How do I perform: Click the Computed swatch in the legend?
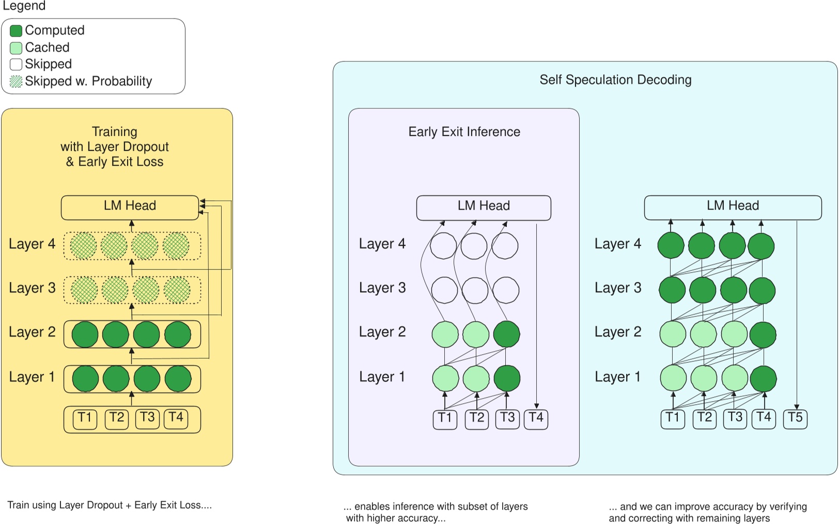pos(16,31)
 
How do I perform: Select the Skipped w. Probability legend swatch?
pos(16,82)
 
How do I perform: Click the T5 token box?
pos(795,418)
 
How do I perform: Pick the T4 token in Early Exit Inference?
pos(536,418)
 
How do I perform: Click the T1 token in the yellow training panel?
pos(85,418)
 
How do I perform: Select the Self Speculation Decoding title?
pos(615,80)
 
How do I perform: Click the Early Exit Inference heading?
pos(464,132)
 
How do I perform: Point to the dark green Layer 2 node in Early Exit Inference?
pos(506,334)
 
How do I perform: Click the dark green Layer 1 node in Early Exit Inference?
pos(507,378)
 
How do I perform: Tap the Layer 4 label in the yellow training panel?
pos(32,244)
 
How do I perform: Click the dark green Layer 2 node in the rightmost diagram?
pos(763,335)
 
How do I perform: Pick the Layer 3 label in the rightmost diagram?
pos(618,288)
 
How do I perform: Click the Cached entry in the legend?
pos(46,47)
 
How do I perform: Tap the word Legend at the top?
pos(24,6)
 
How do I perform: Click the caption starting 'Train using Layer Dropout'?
pos(110,505)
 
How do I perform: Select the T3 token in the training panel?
pos(147,418)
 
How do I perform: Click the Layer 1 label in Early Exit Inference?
pos(382,377)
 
